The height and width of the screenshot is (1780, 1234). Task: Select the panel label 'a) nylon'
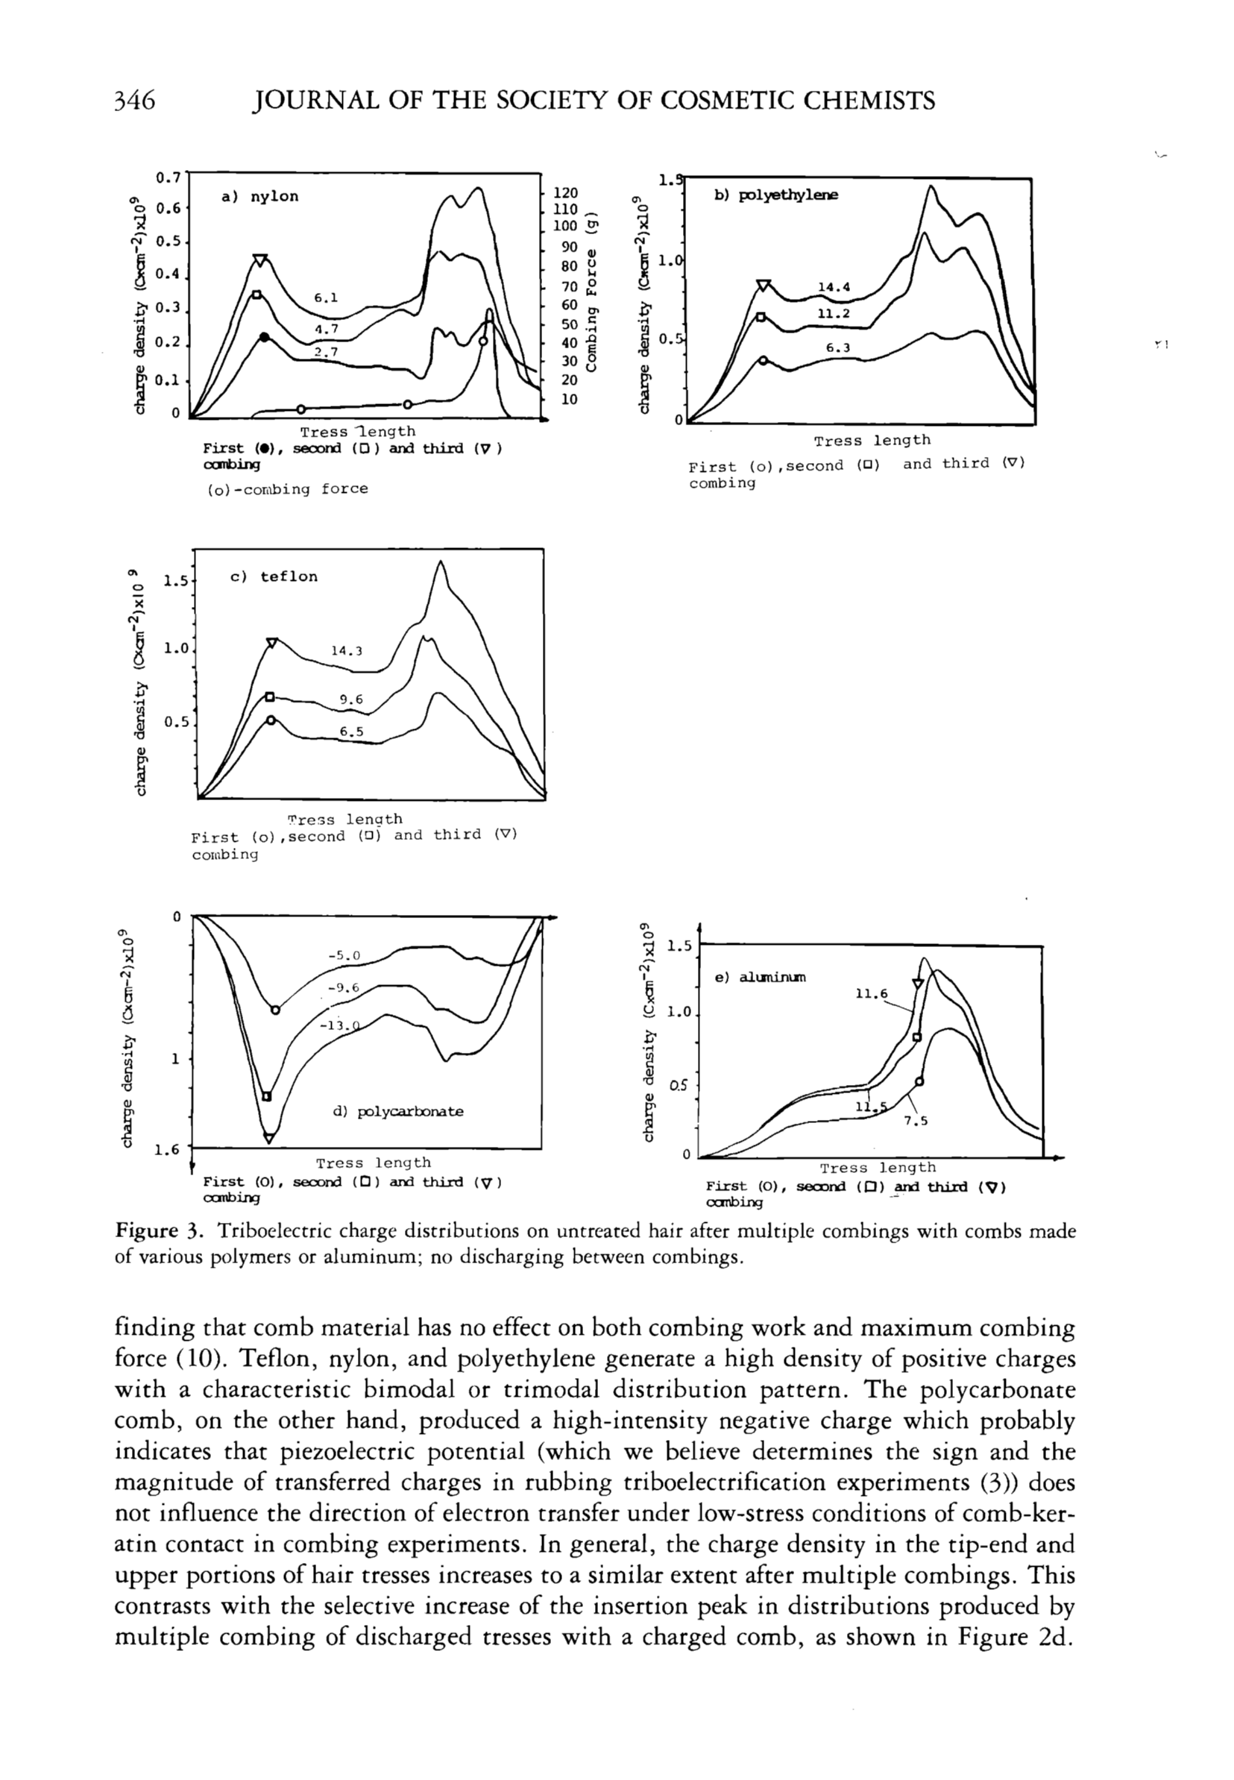coord(259,196)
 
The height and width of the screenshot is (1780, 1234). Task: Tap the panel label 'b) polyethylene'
coord(775,195)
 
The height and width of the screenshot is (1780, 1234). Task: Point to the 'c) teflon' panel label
coord(274,577)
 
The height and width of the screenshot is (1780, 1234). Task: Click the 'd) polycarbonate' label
coord(398,1111)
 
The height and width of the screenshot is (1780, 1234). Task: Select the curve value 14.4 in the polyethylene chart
coord(834,288)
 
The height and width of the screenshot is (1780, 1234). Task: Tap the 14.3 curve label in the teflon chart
coord(347,651)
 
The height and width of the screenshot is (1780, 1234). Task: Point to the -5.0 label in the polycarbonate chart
coord(344,955)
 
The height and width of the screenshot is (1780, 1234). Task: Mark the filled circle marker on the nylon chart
coord(265,338)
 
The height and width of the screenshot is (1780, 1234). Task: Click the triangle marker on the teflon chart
coord(272,643)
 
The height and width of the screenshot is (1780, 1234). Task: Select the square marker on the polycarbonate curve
coord(267,1096)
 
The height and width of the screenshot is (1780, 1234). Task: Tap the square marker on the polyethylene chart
coord(760,317)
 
